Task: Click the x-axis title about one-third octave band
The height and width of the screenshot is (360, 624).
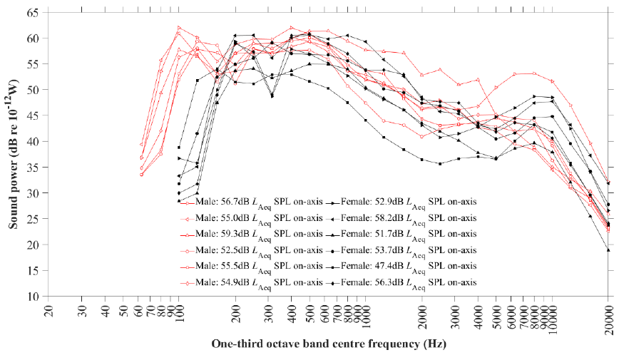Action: tap(329, 344)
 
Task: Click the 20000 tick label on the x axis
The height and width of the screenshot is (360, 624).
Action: tap(608, 314)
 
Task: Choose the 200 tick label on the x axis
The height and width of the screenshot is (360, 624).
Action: tap(235, 314)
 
